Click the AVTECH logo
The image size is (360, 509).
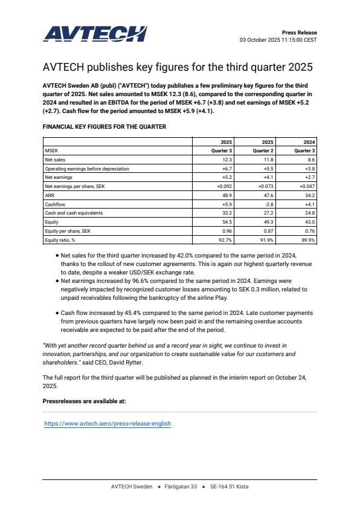coord(95,33)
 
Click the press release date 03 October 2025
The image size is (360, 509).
coord(260,40)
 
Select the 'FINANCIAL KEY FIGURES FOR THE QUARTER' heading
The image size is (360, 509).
coord(104,127)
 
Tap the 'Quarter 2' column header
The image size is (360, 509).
coord(263,151)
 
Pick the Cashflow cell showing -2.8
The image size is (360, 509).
coord(269,204)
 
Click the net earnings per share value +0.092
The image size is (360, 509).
coord(225,187)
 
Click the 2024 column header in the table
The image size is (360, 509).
coord(309,141)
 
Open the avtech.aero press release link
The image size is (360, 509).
coord(108,424)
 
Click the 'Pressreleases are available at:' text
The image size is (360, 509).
coord(84,401)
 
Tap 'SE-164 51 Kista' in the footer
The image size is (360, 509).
coord(229,487)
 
